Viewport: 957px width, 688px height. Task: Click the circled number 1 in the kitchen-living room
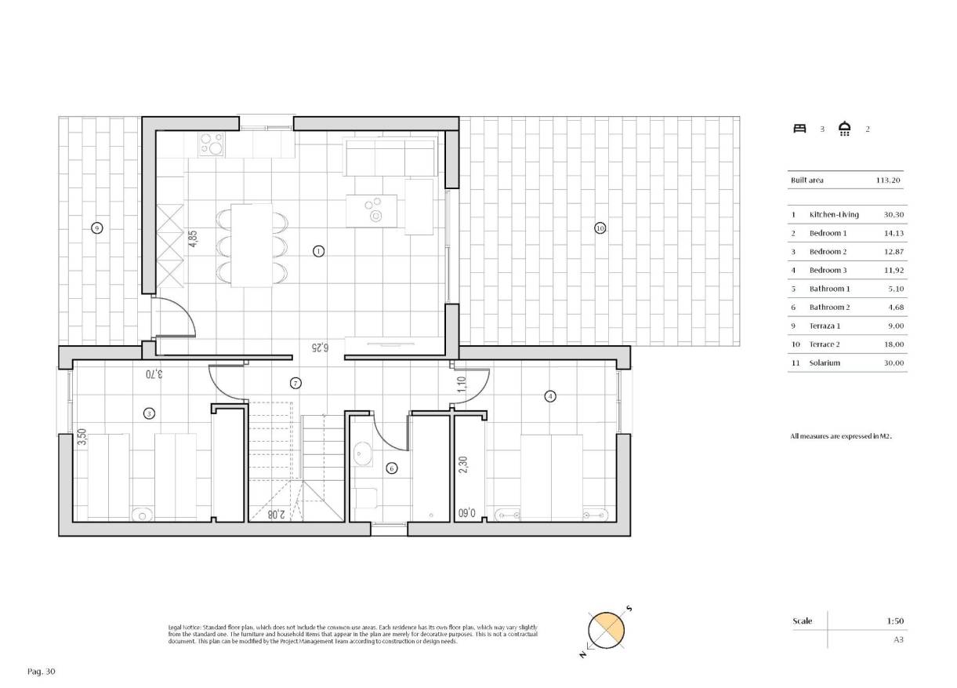(x=318, y=251)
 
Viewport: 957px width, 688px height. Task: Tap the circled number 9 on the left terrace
(x=97, y=228)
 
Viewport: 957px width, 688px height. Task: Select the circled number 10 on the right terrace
(x=600, y=228)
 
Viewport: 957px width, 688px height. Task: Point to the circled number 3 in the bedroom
(x=148, y=413)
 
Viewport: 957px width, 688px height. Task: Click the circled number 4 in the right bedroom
(x=550, y=397)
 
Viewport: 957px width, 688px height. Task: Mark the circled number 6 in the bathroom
(x=392, y=468)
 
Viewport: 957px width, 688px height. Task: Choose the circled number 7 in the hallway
(x=295, y=384)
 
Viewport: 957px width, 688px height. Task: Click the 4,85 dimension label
(x=192, y=238)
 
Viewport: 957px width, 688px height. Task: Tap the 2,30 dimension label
(x=462, y=466)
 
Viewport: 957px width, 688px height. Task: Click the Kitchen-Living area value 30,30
(x=894, y=214)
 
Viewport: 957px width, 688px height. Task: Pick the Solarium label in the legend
(x=825, y=363)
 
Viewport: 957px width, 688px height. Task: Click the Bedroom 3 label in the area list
(x=828, y=270)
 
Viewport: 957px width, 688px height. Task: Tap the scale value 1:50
(x=895, y=621)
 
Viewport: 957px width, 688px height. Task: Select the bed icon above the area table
(x=799, y=129)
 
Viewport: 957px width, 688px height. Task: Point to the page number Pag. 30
(x=42, y=672)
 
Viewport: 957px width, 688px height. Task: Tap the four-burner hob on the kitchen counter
(x=212, y=143)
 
